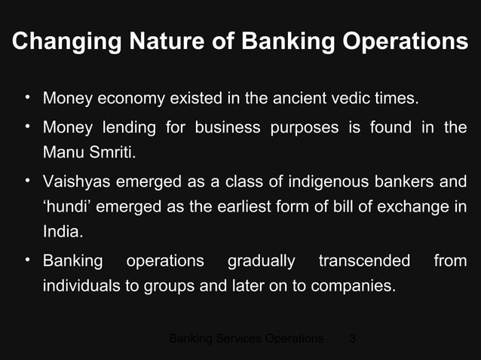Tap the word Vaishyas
tap(76, 182)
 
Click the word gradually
tap(261, 261)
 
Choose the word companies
tap(356, 287)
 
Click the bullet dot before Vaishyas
tap(27, 181)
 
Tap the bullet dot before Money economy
tap(27, 98)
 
